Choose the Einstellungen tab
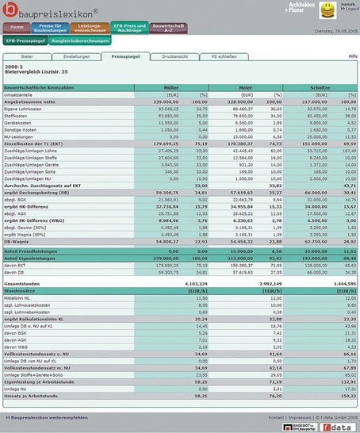coord(76,56)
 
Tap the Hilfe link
coord(352,57)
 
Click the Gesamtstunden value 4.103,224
coord(175,283)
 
